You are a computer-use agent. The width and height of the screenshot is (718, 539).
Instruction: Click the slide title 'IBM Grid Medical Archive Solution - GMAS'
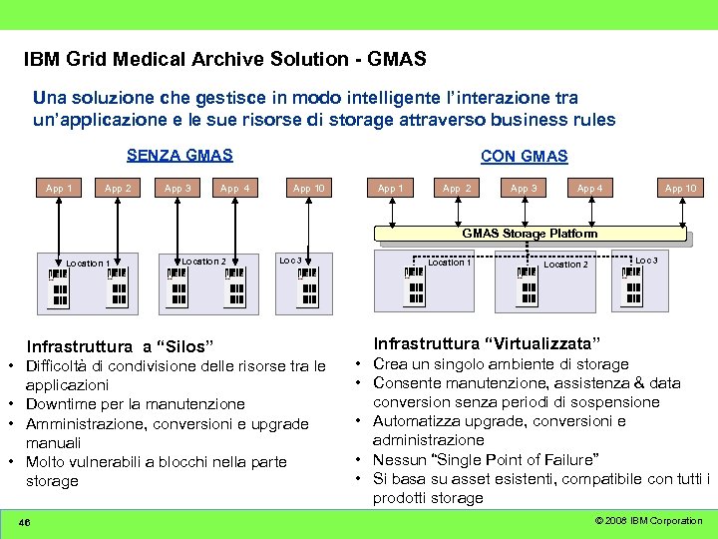pos(225,60)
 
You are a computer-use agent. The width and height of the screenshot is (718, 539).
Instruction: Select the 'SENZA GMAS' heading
pos(179,155)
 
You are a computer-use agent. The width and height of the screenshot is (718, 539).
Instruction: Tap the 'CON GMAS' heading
pos(524,156)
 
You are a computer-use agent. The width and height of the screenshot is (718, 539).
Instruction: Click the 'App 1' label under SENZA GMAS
pos(59,188)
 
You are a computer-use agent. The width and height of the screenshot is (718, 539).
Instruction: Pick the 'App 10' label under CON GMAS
pos(681,188)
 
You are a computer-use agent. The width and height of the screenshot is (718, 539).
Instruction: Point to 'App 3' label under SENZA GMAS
pos(178,188)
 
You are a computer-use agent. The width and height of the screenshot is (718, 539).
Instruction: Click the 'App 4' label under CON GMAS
pos(589,188)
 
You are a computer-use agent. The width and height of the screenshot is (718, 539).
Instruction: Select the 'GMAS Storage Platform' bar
pos(530,234)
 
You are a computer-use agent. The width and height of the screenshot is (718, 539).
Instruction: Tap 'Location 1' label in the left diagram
pos(88,264)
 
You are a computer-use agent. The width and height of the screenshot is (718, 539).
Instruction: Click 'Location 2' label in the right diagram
pos(565,265)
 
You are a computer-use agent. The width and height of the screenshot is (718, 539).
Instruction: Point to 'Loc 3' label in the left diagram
pos(290,261)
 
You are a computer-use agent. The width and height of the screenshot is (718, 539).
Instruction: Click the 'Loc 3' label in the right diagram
pos(646,261)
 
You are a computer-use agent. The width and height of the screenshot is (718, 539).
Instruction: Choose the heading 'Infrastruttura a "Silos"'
pos(120,347)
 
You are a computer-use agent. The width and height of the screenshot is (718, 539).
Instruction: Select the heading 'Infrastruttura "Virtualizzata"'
pos(482,344)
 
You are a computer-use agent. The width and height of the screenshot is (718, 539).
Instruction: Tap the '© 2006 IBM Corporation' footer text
pos(648,521)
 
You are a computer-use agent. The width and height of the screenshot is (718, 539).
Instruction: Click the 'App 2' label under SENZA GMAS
pos(118,188)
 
